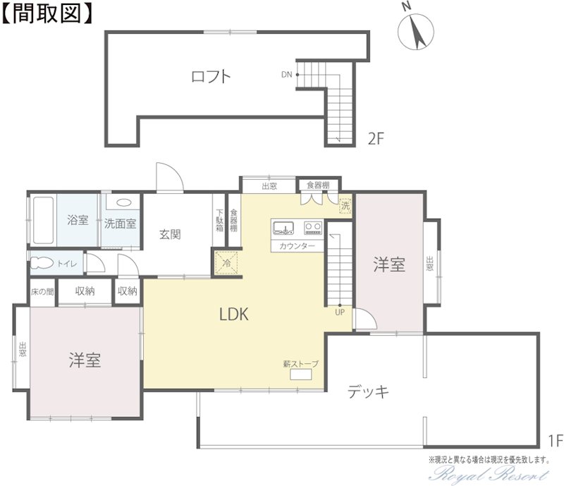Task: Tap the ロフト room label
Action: tap(211, 77)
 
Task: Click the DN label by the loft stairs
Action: tap(287, 75)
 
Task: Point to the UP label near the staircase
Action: tap(340, 312)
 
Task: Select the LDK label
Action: tap(234, 315)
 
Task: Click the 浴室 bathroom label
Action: tap(78, 219)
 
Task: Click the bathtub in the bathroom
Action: tap(44, 220)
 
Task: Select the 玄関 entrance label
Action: tap(170, 234)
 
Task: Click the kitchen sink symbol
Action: tap(283, 228)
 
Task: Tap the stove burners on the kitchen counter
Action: tap(313, 228)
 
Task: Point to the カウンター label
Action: tap(297, 246)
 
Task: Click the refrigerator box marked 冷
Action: tap(226, 264)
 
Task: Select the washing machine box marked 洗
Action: tap(345, 205)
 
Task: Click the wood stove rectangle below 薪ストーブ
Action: tap(301, 375)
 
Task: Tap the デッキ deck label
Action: tap(368, 391)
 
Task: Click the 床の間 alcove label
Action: tap(42, 291)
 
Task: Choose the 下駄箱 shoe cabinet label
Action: tap(219, 220)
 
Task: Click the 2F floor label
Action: tap(376, 138)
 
